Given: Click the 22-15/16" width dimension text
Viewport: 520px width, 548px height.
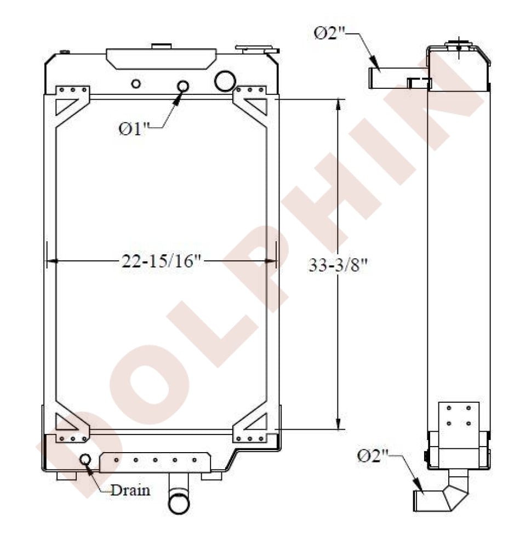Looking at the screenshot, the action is coord(162,261).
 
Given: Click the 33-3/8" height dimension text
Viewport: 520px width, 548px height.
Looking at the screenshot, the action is coord(338,265).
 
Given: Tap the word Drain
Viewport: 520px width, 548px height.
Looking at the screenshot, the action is coord(130,490).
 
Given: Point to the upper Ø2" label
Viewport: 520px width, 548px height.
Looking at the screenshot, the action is coord(329,33).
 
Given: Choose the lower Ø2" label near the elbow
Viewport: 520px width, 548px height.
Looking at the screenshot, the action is coord(373,456).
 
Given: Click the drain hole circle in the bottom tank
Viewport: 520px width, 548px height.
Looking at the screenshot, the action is coord(85,459).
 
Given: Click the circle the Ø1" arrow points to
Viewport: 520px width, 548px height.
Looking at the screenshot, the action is coord(183,86).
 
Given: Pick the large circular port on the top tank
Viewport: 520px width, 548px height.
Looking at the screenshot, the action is coord(225,81).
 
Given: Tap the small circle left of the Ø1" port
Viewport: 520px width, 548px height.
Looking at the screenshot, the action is coord(136,84).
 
